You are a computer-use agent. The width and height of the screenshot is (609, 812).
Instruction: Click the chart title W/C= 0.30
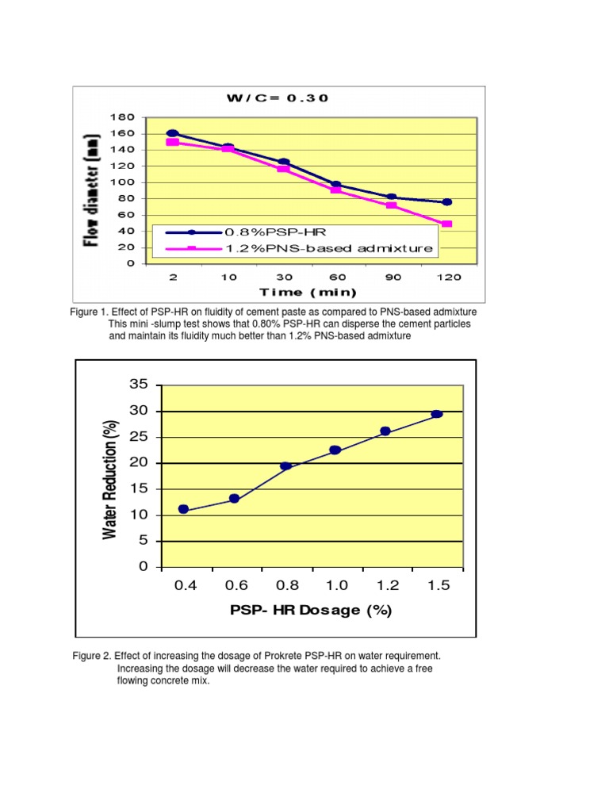[277, 98]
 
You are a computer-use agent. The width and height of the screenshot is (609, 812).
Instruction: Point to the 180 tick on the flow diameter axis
[123, 117]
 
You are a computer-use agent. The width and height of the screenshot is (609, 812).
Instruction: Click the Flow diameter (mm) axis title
[93, 190]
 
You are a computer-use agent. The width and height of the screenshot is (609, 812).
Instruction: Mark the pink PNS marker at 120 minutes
[447, 224]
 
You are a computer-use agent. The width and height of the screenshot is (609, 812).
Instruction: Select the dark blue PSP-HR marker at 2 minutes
[173, 133]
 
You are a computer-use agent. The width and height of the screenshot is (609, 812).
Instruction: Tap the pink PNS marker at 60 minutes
[336, 190]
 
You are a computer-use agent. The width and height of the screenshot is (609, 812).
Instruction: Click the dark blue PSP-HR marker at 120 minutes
[447, 202]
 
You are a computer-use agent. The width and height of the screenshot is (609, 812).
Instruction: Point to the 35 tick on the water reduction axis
[139, 385]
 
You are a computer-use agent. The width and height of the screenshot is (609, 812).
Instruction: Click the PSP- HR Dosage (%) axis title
[311, 610]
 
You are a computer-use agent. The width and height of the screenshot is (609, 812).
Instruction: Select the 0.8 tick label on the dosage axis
[287, 586]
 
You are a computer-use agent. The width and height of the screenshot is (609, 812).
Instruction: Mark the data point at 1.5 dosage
[437, 414]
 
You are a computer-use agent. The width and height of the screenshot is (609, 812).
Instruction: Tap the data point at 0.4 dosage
[184, 509]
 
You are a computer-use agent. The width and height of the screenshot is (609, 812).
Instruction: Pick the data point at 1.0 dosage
[335, 450]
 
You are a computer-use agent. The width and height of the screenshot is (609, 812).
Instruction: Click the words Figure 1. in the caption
[90, 312]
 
